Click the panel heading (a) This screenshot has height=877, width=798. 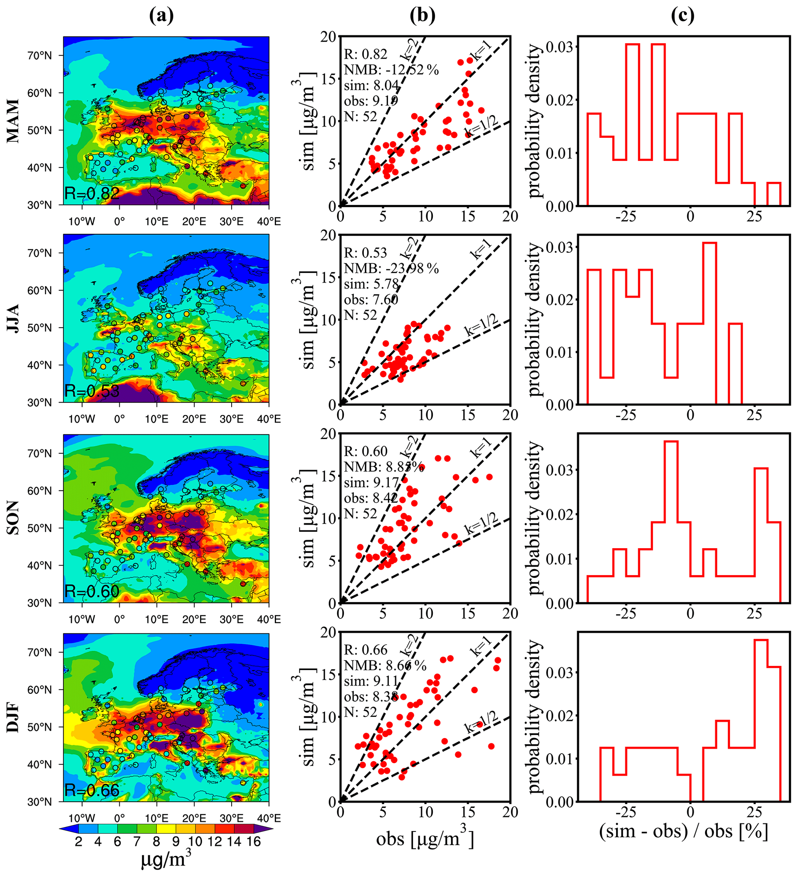click(161, 16)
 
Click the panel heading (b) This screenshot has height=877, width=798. click(422, 16)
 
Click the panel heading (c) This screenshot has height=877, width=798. click(682, 16)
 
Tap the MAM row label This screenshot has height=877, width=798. click(14, 120)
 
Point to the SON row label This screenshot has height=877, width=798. click(14, 517)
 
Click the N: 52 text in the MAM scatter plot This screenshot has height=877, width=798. click(360, 117)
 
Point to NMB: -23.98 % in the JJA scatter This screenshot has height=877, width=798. click(391, 268)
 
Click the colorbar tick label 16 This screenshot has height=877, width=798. click(254, 842)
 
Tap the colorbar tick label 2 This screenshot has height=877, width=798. click(78, 842)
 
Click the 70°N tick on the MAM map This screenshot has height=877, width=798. click(40, 56)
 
